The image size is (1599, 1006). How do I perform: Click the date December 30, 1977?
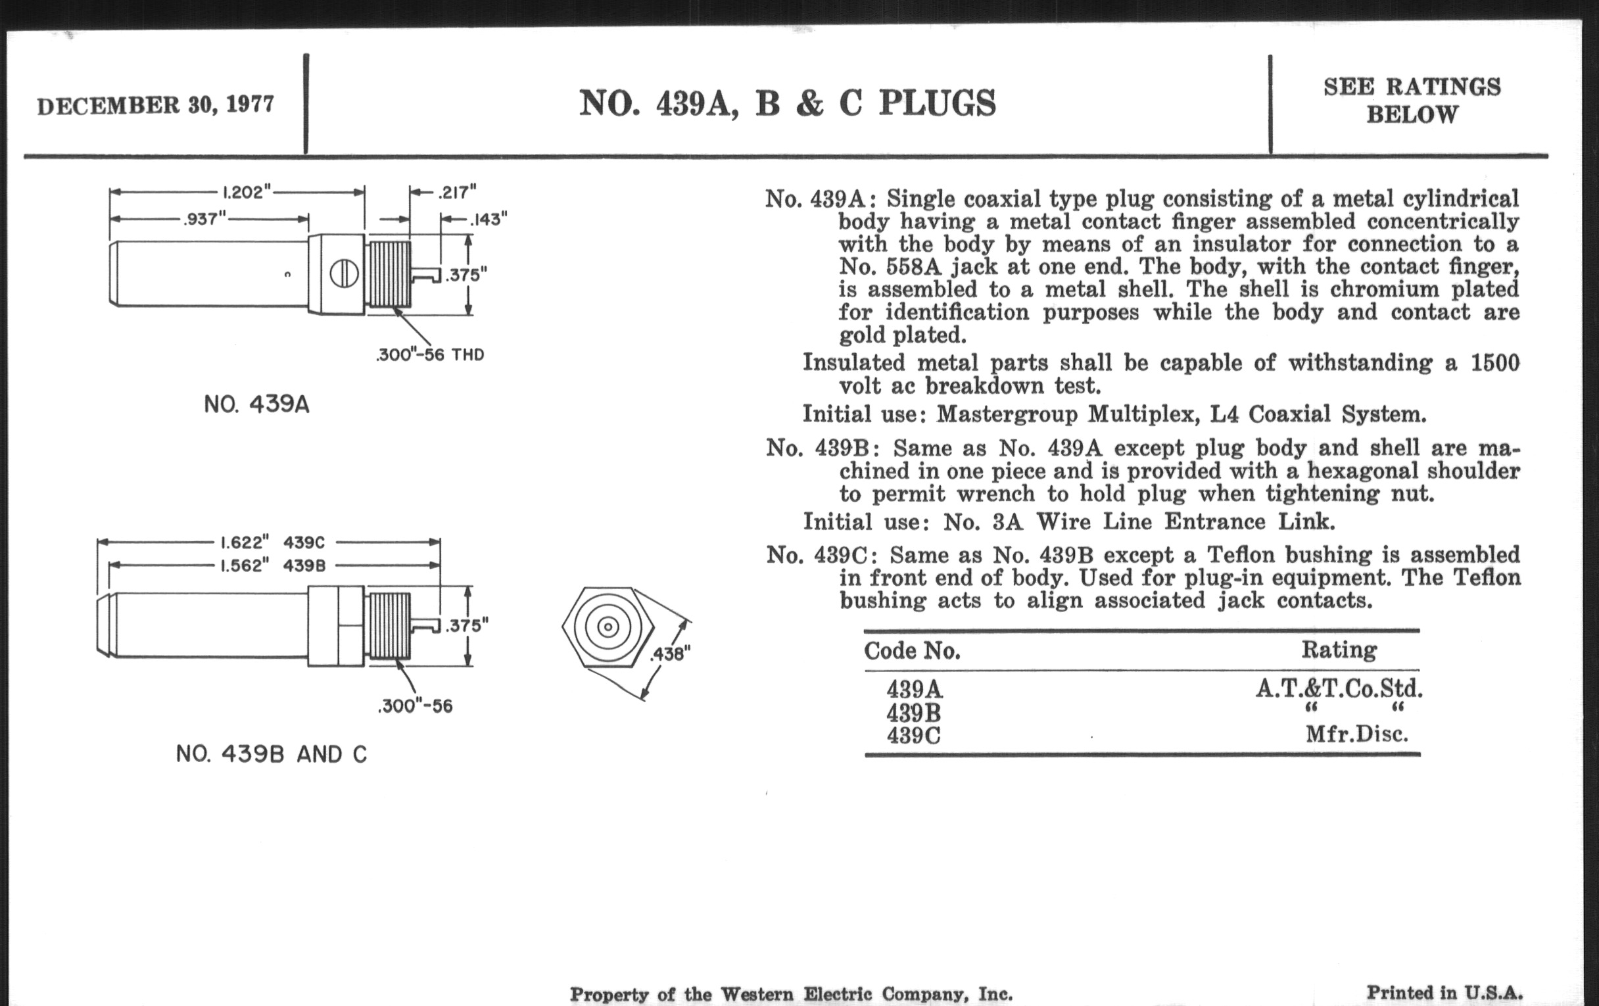[155, 105]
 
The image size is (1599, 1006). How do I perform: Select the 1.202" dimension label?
[247, 193]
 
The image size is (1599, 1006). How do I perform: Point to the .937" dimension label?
[204, 218]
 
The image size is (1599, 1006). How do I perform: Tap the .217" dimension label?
[457, 193]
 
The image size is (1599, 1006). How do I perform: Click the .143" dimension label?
[489, 219]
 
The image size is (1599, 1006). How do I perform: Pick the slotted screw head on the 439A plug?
[344, 274]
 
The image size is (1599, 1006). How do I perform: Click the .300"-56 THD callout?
[429, 354]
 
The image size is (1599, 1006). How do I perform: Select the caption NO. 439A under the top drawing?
[256, 404]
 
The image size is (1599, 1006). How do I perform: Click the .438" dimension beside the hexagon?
[670, 654]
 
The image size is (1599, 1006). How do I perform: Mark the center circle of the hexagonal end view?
[608, 627]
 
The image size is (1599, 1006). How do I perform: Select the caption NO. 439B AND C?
[271, 754]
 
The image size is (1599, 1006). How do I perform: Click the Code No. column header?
[912, 651]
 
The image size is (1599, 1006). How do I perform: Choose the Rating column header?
[1339, 650]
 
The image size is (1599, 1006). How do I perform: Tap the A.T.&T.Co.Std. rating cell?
[1339, 688]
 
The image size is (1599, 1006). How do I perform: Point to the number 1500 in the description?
[1494, 362]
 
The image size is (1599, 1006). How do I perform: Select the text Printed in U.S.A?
[1444, 993]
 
